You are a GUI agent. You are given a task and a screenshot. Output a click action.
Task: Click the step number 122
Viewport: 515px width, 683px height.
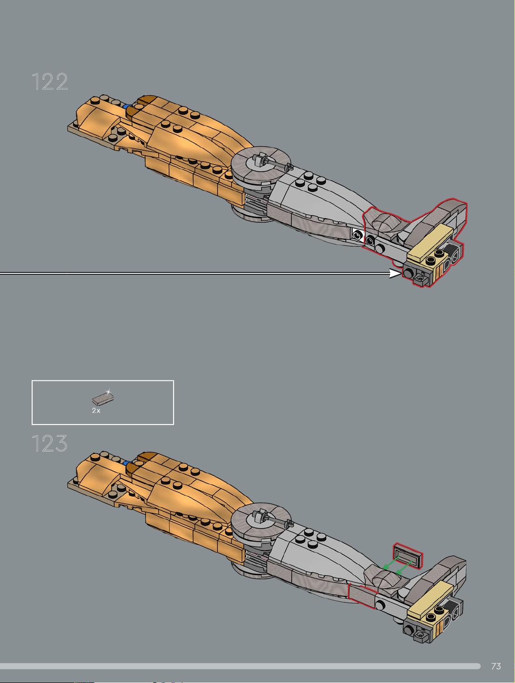point(50,82)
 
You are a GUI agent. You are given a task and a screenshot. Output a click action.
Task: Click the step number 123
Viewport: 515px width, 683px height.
point(50,443)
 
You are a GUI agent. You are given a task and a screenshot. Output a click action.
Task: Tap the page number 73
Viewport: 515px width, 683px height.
point(496,666)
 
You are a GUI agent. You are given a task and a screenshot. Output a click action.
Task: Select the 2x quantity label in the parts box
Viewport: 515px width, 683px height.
point(96,411)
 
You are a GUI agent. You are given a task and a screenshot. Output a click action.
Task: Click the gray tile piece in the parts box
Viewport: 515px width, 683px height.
point(103,398)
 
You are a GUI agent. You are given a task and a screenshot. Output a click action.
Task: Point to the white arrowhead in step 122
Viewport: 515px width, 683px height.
point(395,273)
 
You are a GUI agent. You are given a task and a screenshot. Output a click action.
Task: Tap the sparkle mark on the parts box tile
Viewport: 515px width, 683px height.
point(108,391)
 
